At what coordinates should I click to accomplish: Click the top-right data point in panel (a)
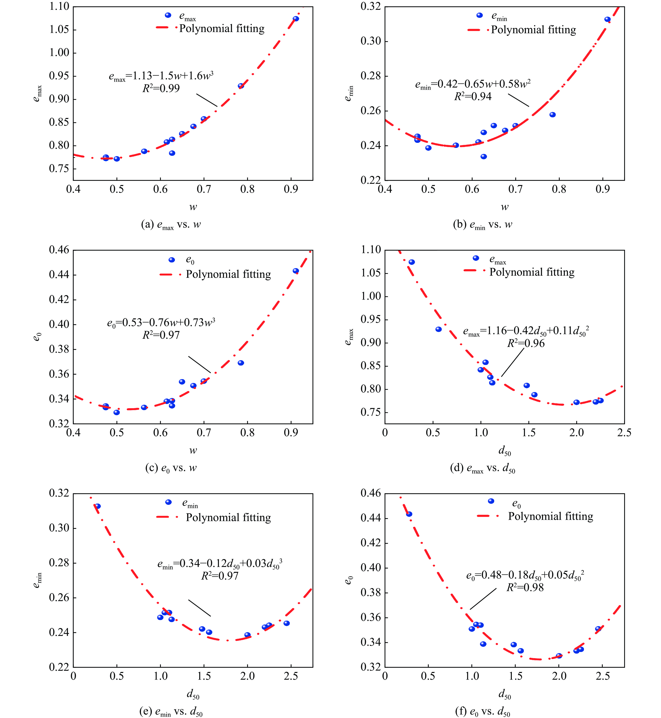pos(296,19)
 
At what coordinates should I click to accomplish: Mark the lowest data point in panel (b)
pos(484,156)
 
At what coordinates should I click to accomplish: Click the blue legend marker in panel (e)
pos(168,502)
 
